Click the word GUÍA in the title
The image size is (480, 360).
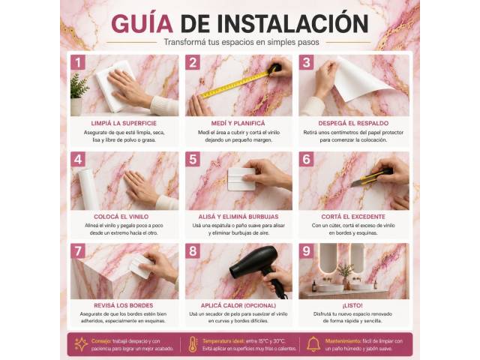pyautogui.click(x=142, y=23)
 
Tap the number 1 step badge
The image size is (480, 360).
pyautogui.click(x=78, y=62)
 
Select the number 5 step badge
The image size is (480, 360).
pyautogui.click(x=193, y=159)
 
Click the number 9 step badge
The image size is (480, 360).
pyautogui.click(x=307, y=251)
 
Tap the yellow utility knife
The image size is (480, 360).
pyautogui.click(x=371, y=177)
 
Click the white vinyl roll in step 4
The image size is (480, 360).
pyautogui.click(x=88, y=189)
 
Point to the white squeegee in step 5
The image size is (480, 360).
pyautogui.click(x=241, y=179)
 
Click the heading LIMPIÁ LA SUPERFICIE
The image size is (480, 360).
pyautogui.click(x=124, y=123)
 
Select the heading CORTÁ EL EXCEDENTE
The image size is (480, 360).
pyautogui.click(x=353, y=217)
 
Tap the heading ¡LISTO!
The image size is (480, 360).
pyautogui.click(x=352, y=305)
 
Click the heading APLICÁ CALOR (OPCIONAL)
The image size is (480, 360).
pyautogui.click(x=238, y=305)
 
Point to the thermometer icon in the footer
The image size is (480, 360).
pyautogui.click(x=193, y=344)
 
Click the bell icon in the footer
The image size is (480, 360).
pyautogui.click(x=313, y=344)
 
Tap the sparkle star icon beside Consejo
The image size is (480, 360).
pyautogui.click(x=81, y=344)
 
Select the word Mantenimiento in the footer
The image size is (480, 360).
pyautogui.click(x=343, y=341)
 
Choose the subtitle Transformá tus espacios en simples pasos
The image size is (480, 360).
pyautogui.click(x=241, y=42)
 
